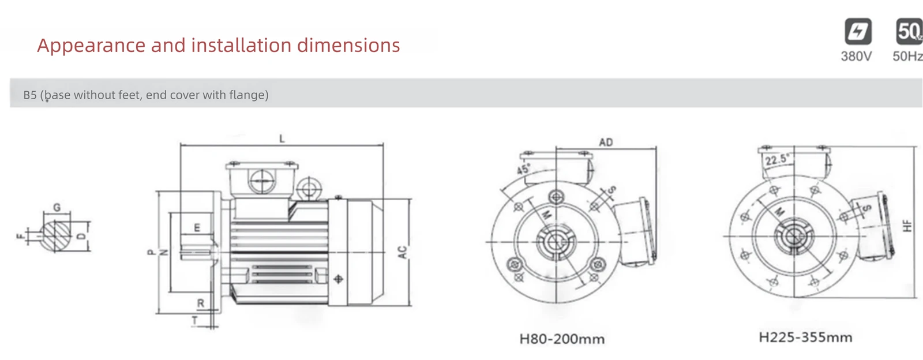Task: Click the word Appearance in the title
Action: click(91, 46)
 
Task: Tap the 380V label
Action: click(856, 56)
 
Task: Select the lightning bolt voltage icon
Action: click(858, 31)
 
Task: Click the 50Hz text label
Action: click(907, 56)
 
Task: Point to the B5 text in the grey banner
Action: click(30, 95)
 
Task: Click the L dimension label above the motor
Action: click(282, 139)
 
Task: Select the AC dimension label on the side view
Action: click(403, 252)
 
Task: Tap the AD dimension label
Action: click(606, 142)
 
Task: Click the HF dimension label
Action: click(907, 226)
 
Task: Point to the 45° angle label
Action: click(524, 169)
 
